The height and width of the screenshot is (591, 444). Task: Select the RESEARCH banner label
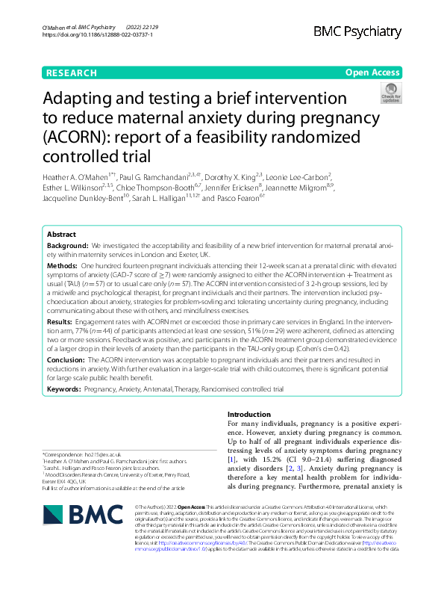tap(71, 72)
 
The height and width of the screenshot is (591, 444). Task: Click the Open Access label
tap(372, 72)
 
